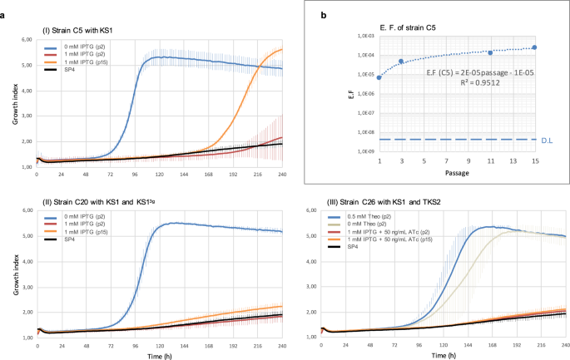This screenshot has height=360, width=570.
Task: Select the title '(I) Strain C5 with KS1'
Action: [79, 30]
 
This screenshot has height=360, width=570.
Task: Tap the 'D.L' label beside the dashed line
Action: [548, 140]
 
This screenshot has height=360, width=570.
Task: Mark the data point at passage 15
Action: [534, 47]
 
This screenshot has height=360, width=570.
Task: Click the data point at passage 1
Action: [379, 77]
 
